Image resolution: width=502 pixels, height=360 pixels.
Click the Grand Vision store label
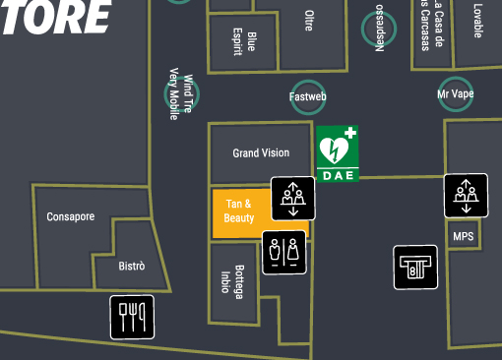click(x=261, y=152)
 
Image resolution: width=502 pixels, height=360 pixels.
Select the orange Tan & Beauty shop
click(x=239, y=210)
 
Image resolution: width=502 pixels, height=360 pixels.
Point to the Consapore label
click(x=71, y=216)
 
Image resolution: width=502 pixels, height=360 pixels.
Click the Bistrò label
click(x=132, y=266)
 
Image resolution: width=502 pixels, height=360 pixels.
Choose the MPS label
click(x=463, y=237)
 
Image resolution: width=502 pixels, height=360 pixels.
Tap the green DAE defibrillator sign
click(x=338, y=153)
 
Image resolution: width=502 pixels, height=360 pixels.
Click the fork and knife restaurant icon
click(x=132, y=317)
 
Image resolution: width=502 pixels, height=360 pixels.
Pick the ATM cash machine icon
click(x=415, y=267)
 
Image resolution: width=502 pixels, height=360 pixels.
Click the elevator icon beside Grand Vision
click(x=293, y=197)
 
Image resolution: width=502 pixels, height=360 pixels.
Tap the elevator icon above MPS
click(x=465, y=194)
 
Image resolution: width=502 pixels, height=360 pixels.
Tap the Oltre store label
click(x=308, y=20)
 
